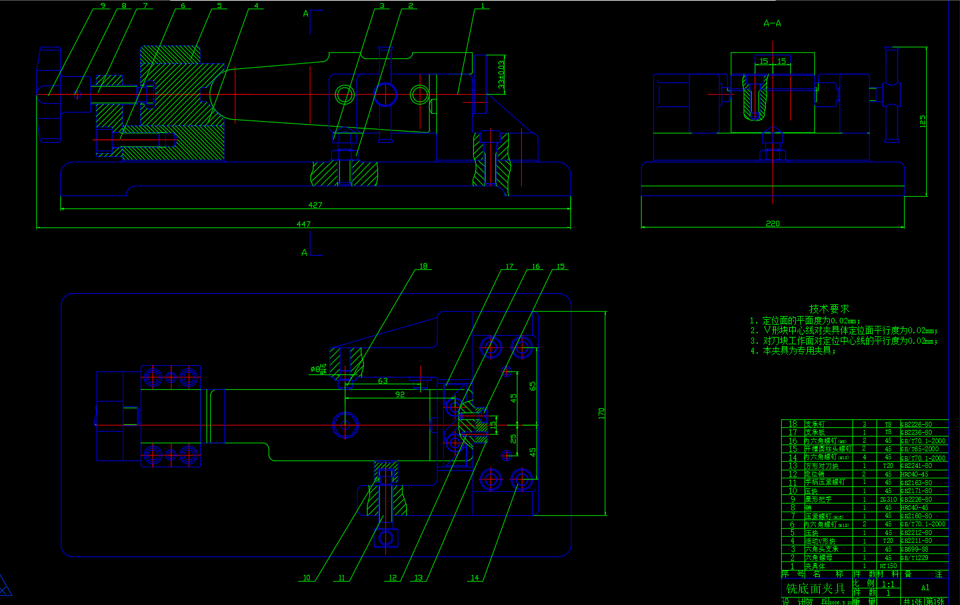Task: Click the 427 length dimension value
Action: click(x=315, y=205)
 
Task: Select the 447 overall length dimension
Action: click(x=304, y=224)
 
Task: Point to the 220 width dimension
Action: click(x=773, y=223)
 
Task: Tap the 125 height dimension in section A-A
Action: click(x=923, y=121)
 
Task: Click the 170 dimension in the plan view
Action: click(x=601, y=413)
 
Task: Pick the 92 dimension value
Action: click(x=400, y=394)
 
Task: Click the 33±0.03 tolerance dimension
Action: click(x=502, y=74)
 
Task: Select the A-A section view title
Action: click(x=772, y=23)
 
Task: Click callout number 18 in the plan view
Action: click(x=423, y=266)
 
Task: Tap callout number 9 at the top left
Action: click(x=103, y=6)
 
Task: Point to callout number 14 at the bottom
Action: click(x=474, y=577)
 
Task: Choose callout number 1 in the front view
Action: click(x=482, y=6)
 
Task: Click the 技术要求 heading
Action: click(x=829, y=309)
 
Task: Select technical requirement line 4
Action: click(x=793, y=350)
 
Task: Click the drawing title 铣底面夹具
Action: click(x=816, y=588)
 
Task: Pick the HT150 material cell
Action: click(x=888, y=566)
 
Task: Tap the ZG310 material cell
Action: click(x=888, y=499)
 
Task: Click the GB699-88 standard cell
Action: click(x=916, y=549)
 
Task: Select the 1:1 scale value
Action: click(x=888, y=585)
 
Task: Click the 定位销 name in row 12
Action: click(x=814, y=474)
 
